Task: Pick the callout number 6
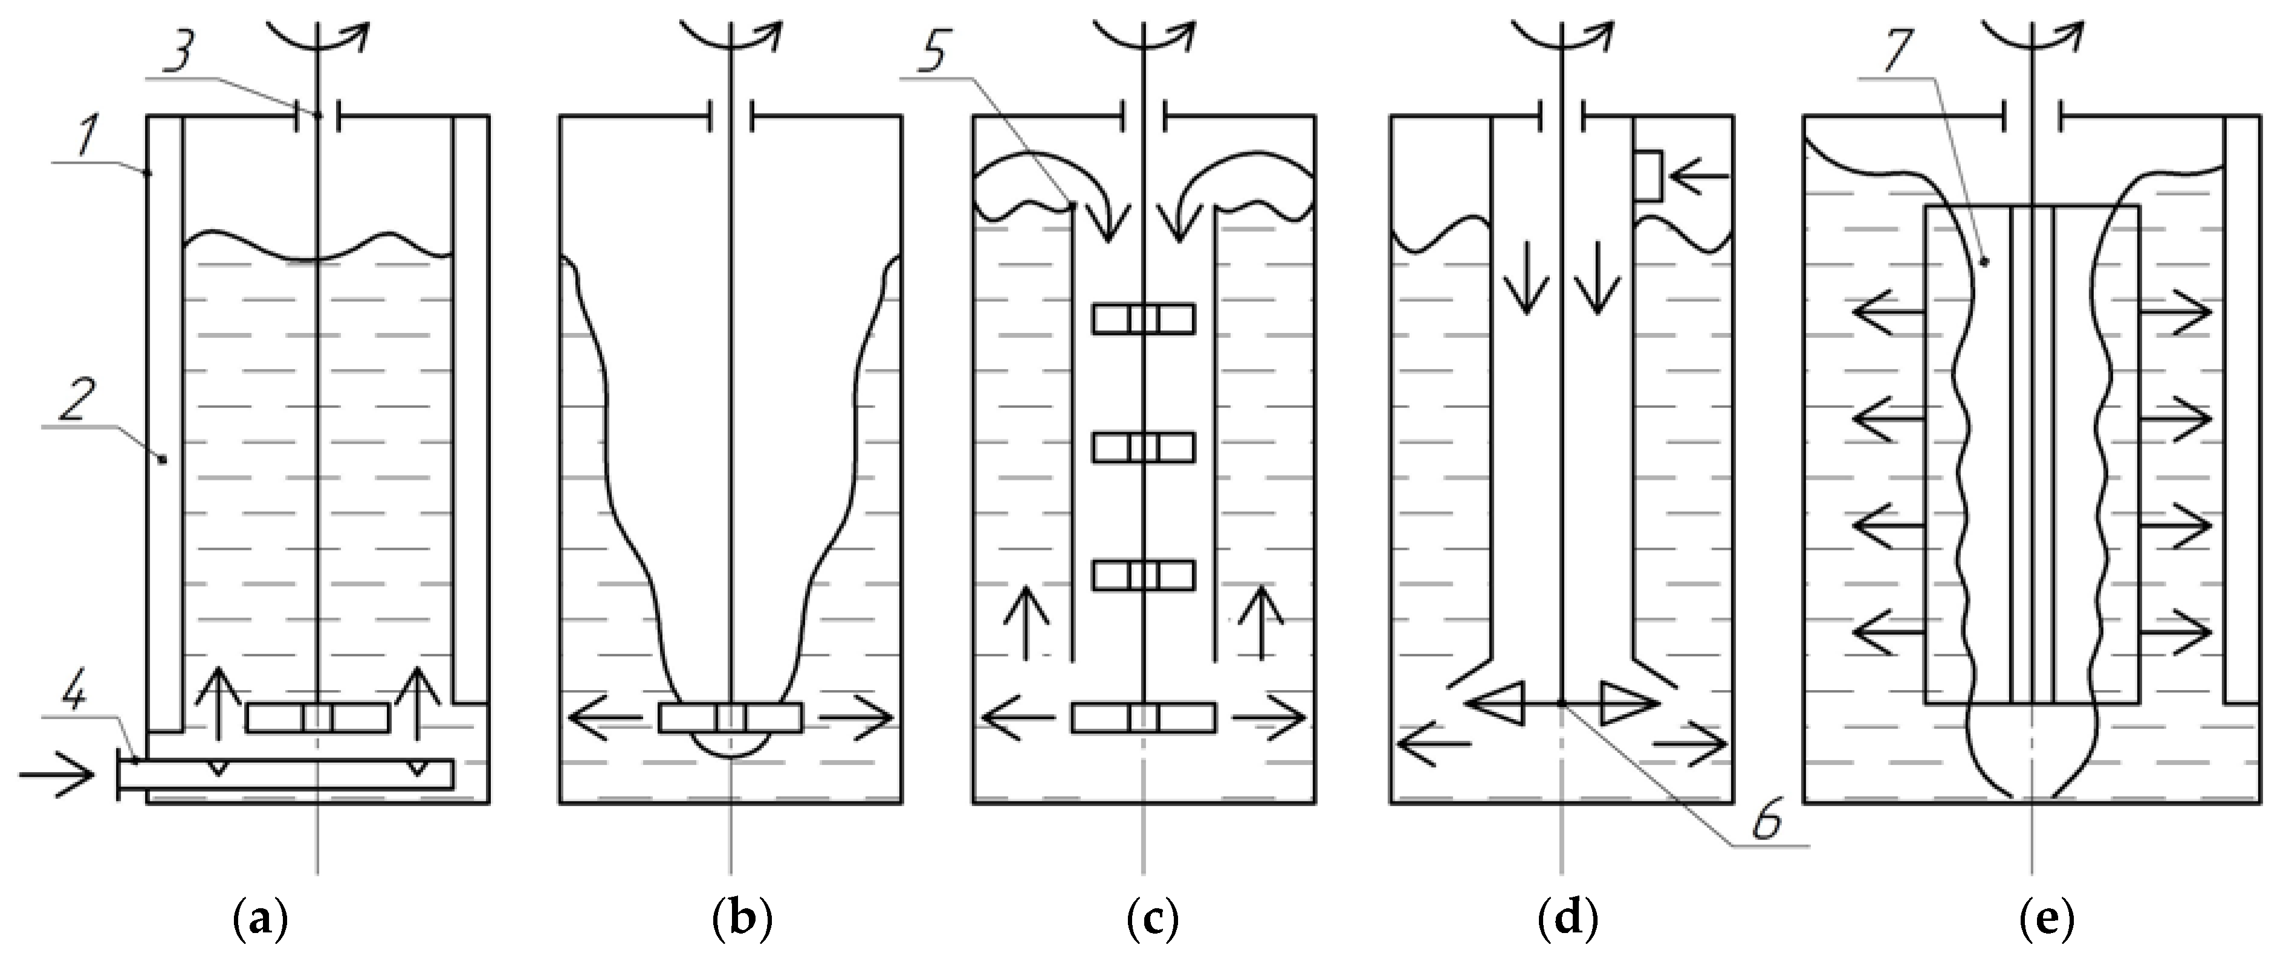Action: [x=1763, y=822]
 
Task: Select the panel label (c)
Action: [x=1153, y=920]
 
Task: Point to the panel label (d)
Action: [x=1568, y=920]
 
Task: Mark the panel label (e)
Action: [x=2047, y=920]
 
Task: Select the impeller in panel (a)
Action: [x=317, y=717]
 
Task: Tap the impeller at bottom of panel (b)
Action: [x=730, y=717]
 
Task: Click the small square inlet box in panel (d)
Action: [x=1647, y=176]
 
